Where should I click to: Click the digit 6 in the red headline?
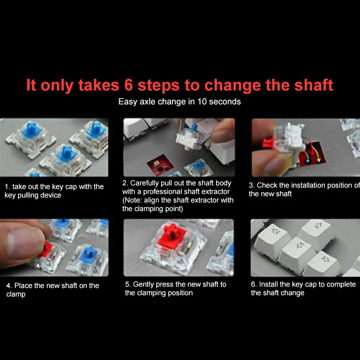coord(129,85)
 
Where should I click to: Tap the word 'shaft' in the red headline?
coord(314,85)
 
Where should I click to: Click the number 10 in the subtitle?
coord(202,102)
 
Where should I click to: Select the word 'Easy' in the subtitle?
coord(128,102)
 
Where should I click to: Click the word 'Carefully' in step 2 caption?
coord(144,184)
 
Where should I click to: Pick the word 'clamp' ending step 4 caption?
coord(16,295)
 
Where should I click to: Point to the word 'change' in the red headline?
coord(233,85)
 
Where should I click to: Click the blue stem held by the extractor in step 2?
coord(194,128)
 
